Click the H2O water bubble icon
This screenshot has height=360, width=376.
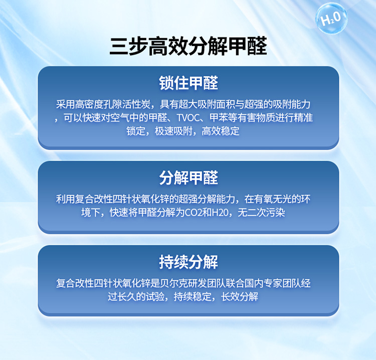[x=331, y=18]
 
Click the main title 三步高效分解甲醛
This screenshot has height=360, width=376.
[x=188, y=46]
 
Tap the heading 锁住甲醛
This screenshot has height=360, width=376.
[x=189, y=83]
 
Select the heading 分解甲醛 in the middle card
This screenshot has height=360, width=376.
[x=189, y=178]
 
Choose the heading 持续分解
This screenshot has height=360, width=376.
[x=189, y=262]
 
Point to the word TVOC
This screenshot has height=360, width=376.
[x=188, y=118]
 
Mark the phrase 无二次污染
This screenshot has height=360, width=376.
[x=261, y=212]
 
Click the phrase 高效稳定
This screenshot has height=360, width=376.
[x=221, y=131]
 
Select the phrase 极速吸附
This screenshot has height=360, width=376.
[x=173, y=131]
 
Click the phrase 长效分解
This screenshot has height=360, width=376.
[x=240, y=297]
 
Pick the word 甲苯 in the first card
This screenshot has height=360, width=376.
[x=219, y=118]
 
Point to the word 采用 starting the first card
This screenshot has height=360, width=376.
[x=66, y=105]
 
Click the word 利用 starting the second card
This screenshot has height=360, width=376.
[x=66, y=199]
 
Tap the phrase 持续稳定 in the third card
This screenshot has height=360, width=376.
[x=193, y=297]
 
